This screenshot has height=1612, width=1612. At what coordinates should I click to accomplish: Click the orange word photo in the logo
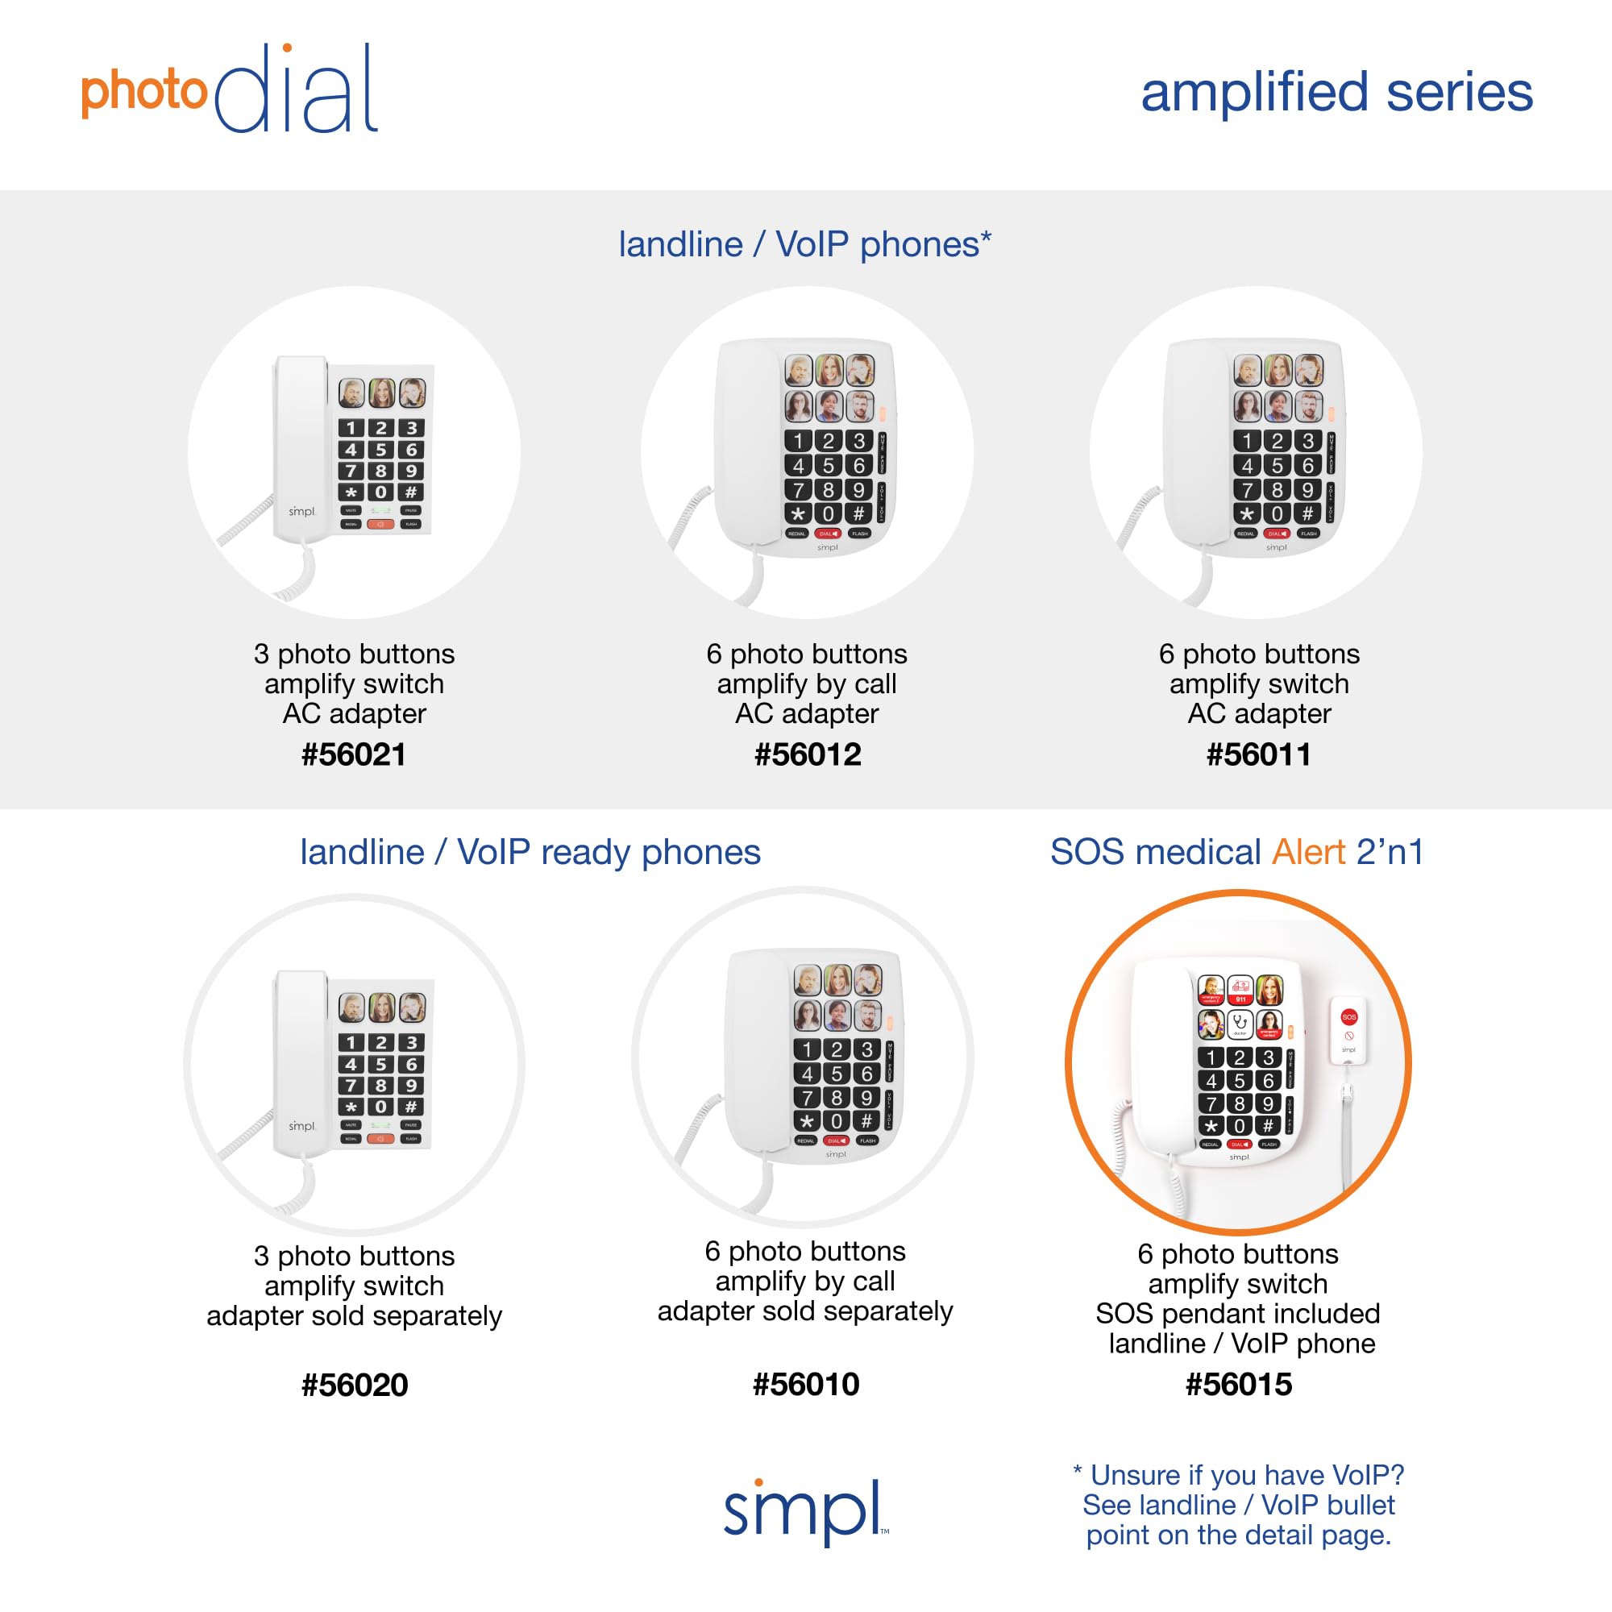(143, 92)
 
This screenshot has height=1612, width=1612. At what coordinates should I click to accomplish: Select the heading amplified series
(1336, 92)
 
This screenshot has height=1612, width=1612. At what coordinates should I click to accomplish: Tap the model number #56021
(354, 754)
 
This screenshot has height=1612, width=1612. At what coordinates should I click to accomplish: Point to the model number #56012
(807, 754)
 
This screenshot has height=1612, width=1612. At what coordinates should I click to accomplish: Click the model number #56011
(1258, 754)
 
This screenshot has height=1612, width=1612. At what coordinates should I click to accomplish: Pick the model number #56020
(354, 1385)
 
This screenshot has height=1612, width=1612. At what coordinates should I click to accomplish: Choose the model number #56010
(805, 1384)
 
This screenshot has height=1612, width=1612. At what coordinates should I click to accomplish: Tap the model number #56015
(1238, 1384)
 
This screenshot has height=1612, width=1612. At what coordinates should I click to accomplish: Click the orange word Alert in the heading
(1308, 852)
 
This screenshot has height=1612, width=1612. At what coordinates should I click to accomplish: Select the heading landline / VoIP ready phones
(530, 852)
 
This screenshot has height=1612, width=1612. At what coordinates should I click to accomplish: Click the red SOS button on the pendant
(1348, 1016)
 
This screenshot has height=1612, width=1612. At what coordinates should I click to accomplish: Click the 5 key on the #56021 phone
(381, 450)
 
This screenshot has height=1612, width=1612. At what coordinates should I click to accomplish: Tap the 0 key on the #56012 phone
(828, 514)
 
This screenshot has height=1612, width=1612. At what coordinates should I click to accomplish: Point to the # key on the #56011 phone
(1307, 514)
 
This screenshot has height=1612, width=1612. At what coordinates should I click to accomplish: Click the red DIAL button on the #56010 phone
(836, 1140)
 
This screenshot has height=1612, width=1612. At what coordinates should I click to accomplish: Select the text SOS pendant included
(1237, 1313)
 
